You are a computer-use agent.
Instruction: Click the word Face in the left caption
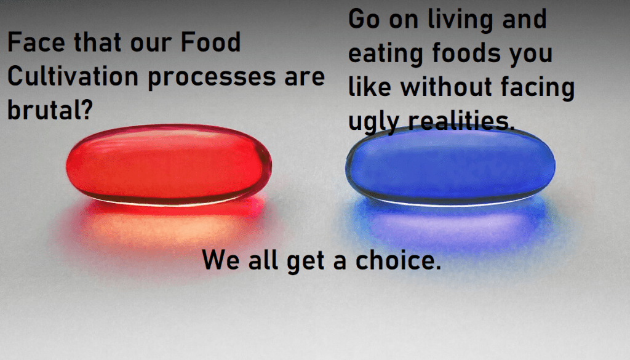click(x=34, y=44)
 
